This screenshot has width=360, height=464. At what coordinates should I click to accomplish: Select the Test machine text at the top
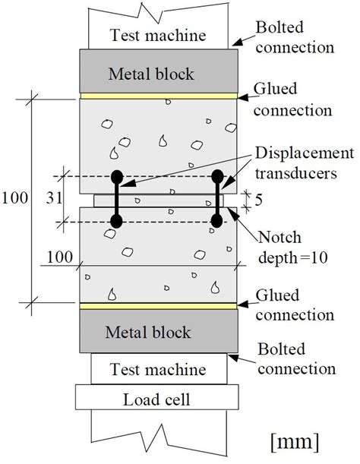(x=159, y=34)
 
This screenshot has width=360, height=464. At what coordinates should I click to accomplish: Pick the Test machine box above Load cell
(x=159, y=369)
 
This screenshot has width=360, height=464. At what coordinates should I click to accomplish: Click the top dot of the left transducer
(x=116, y=178)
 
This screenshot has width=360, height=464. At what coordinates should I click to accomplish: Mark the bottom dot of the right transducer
(x=217, y=221)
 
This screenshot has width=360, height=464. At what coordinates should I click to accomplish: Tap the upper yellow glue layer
(x=159, y=96)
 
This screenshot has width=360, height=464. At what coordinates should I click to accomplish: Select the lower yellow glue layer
(x=159, y=307)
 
